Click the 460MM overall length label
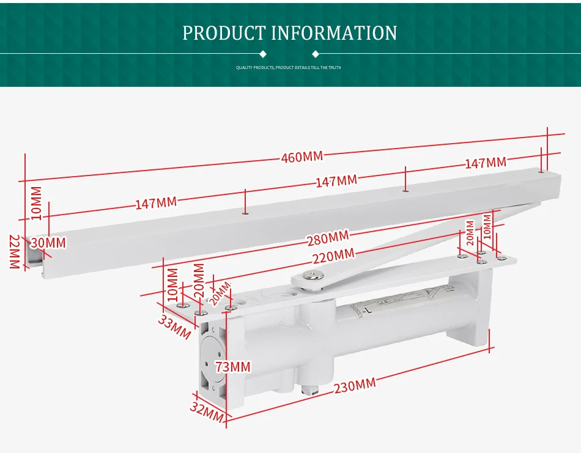[302, 157]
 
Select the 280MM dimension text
[328, 237]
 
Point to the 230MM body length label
[355, 386]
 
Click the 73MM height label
[232, 367]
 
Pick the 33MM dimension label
[175, 327]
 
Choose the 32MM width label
[205, 414]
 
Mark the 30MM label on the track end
[48, 243]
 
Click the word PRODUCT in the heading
[223, 33]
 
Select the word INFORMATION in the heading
[334, 33]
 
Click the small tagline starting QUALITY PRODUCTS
[288, 67]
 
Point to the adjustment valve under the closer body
[310, 387]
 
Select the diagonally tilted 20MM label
[220, 293]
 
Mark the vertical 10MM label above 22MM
[36, 203]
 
